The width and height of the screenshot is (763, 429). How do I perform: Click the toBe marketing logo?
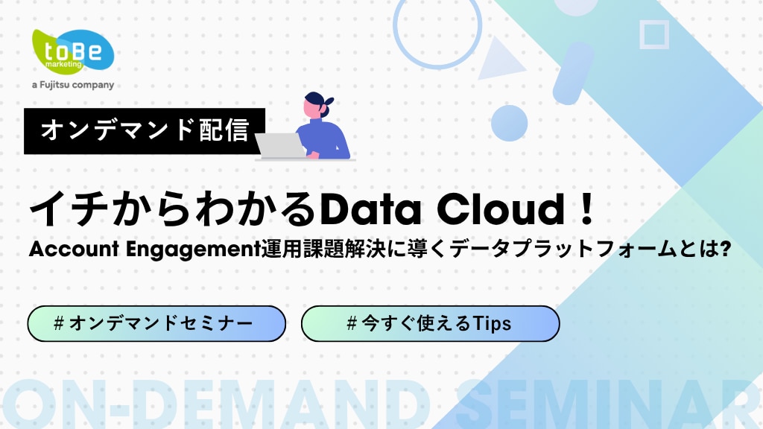[72, 52]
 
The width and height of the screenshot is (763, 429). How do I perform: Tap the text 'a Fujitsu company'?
[73, 85]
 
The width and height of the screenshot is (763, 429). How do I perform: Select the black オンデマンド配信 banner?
[145, 131]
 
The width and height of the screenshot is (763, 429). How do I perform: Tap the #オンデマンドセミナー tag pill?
[156, 323]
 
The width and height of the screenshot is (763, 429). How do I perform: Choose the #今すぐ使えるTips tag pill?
[430, 323]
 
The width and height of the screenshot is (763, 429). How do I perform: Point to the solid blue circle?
[509, 123]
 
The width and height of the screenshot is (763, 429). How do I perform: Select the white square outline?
[653, 34]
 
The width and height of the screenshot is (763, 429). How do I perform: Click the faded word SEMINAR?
[607, 406]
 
